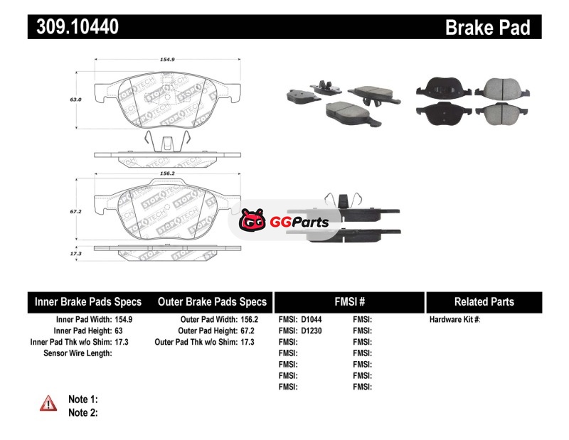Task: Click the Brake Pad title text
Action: pyautogui.click(x=487, y=27)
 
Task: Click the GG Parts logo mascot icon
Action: pyautogui.click(x=252, y=222)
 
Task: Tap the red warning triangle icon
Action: pyautogui.click(x=48, y=403)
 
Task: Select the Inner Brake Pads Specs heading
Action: pyautogui.click(x=88, y=301)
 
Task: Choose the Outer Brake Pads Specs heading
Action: pyautogui.click(x=212, y=301)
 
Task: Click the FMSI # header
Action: pyautogui.click(x=349, y=301)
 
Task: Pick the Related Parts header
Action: pyautogui.click(x=484, y=301)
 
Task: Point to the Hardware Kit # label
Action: pyautogui.click(x=454, y=320)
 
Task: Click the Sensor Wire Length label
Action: pyautogui.click(x=78, y=353)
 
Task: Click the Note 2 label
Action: pyautogui.click(x=83, y=412)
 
